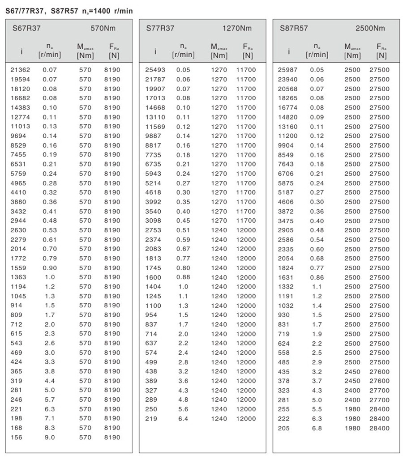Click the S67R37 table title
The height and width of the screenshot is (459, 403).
coord(26,29)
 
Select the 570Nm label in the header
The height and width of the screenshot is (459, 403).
coord(103,29)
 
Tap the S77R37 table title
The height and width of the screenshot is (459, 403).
coord(160,29)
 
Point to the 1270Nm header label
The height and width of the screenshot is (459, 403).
coord(237,29)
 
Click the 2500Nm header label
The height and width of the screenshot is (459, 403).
coord(370,29)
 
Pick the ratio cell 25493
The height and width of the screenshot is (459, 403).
coord(155,70)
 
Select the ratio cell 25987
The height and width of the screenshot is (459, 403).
coord(288,70)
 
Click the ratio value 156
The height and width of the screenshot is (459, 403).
coord(17,438)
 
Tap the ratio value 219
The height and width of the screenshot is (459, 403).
coord(151,419)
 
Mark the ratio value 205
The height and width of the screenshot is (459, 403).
coord(284,428)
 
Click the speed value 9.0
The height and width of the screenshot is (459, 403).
coord(49,438)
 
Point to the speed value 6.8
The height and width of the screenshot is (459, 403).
coord(316,428)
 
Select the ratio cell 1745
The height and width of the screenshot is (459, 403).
coord(153,268)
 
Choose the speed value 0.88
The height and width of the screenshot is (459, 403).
coord(183,277)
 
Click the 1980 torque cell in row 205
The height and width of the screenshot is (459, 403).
coord(352,428)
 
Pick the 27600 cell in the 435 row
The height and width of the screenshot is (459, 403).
coord(379,372)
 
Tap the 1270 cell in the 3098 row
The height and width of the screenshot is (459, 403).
coord(219,221)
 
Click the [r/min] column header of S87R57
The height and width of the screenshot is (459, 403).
coord(317,55)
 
